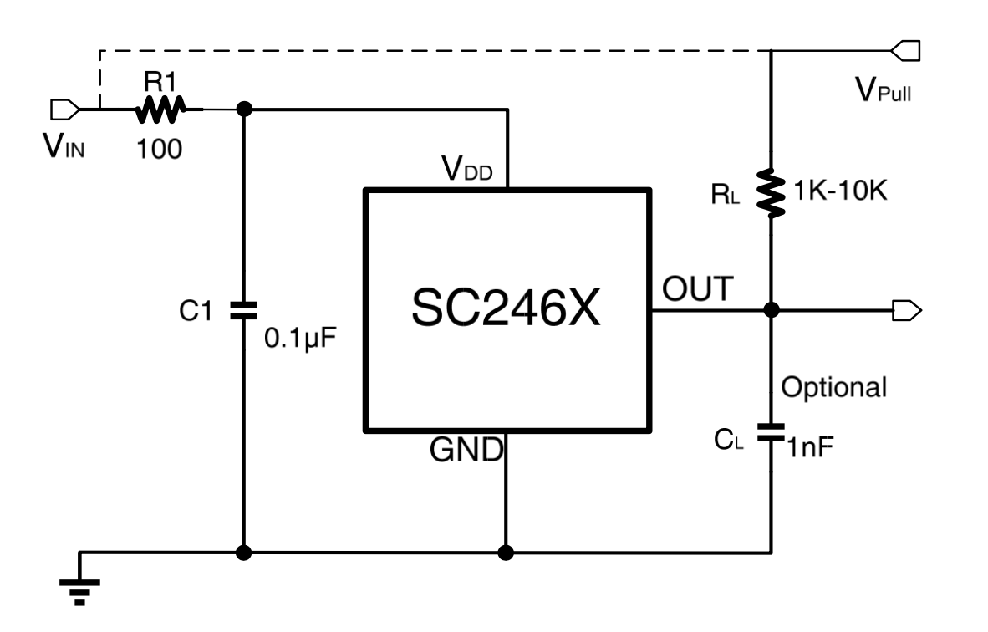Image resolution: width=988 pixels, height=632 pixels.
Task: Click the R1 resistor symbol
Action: (159, 109)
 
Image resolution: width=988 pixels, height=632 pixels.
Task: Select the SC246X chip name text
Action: (506, 310)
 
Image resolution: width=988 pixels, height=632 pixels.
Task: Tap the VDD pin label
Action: (468, 171)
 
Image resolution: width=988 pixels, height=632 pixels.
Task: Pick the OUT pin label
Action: (697, 289)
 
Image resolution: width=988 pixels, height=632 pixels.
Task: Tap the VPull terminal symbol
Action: (906, 51)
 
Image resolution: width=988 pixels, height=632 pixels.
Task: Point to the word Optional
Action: (833, 387)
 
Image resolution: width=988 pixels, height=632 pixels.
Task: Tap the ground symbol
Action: (80, 587)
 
